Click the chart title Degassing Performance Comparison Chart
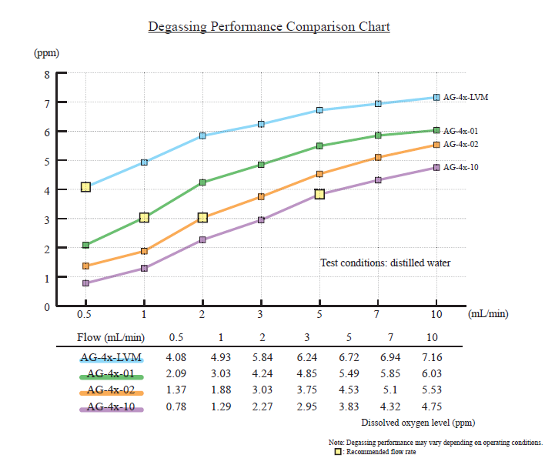269,27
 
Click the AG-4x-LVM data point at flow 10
436,98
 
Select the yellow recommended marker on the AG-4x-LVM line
85,187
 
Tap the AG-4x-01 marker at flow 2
202,182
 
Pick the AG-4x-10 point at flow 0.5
85,283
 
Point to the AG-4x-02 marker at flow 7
378,157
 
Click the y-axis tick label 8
47,75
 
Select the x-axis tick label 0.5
85,314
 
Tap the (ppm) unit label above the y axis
46,53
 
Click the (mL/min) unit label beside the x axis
488,314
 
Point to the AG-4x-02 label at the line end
461,144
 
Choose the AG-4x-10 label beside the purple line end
461,167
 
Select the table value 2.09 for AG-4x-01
176,374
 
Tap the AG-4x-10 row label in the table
112,406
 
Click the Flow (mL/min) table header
111,337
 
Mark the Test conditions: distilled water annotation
385,263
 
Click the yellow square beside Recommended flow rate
337,452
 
